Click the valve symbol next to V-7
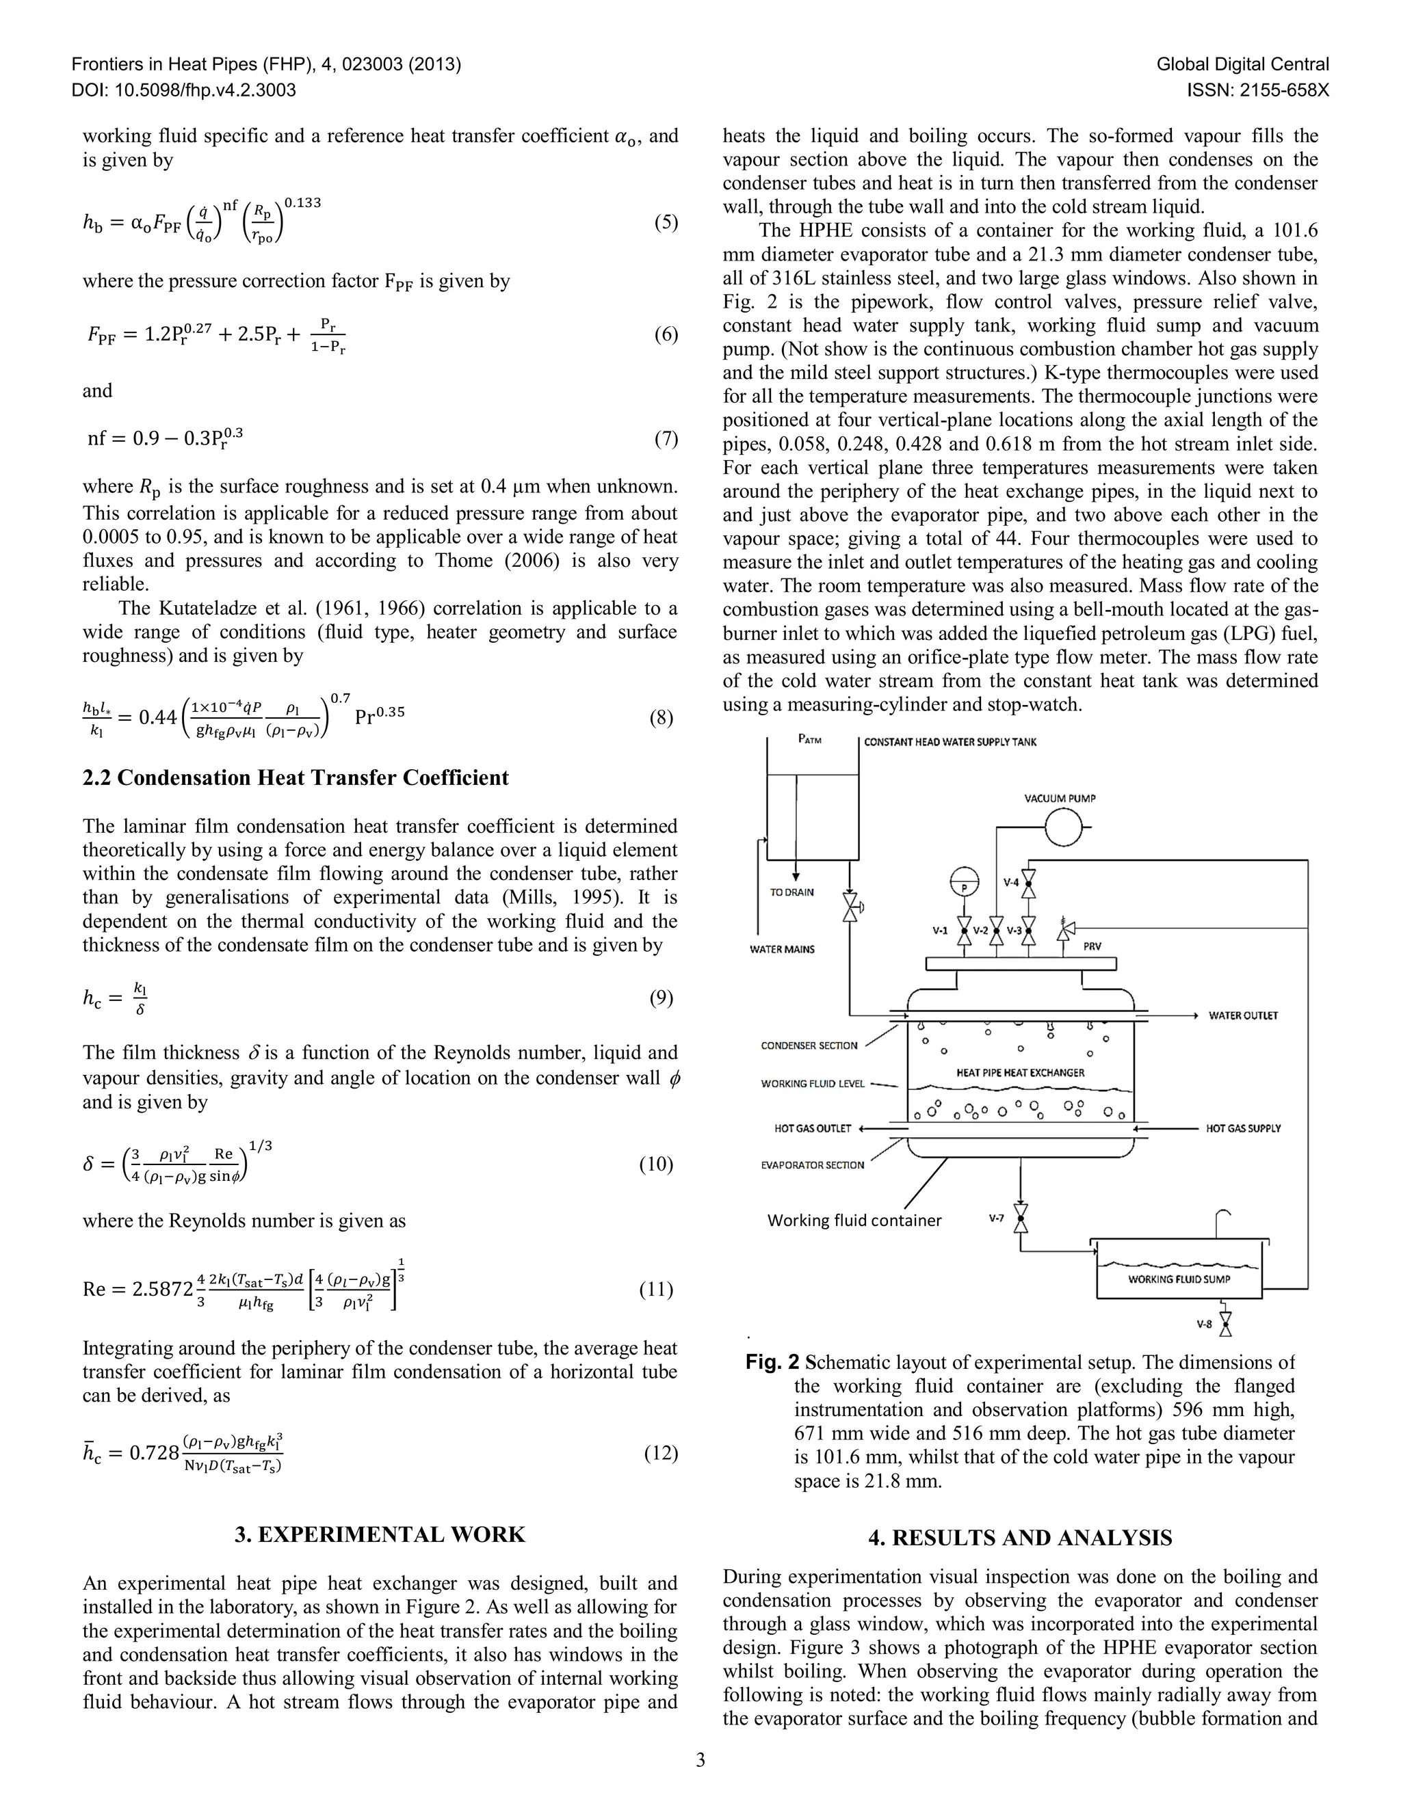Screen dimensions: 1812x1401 pos(1021,1218)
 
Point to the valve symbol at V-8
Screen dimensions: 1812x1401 pos(1225,1325)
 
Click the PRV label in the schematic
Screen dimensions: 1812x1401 pos(1092,946)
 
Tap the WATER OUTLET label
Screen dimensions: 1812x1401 pos(1242,1015)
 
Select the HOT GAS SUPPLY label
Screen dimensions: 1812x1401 pos(1242,1128)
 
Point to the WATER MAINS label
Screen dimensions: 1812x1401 pos(782,949)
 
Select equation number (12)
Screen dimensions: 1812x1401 pos(661,1453)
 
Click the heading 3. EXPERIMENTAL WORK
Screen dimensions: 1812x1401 pos(380,1535)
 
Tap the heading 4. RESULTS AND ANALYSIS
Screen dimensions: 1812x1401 pos(1020,1538)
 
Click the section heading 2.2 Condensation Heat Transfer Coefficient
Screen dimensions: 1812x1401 pos(295,777)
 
